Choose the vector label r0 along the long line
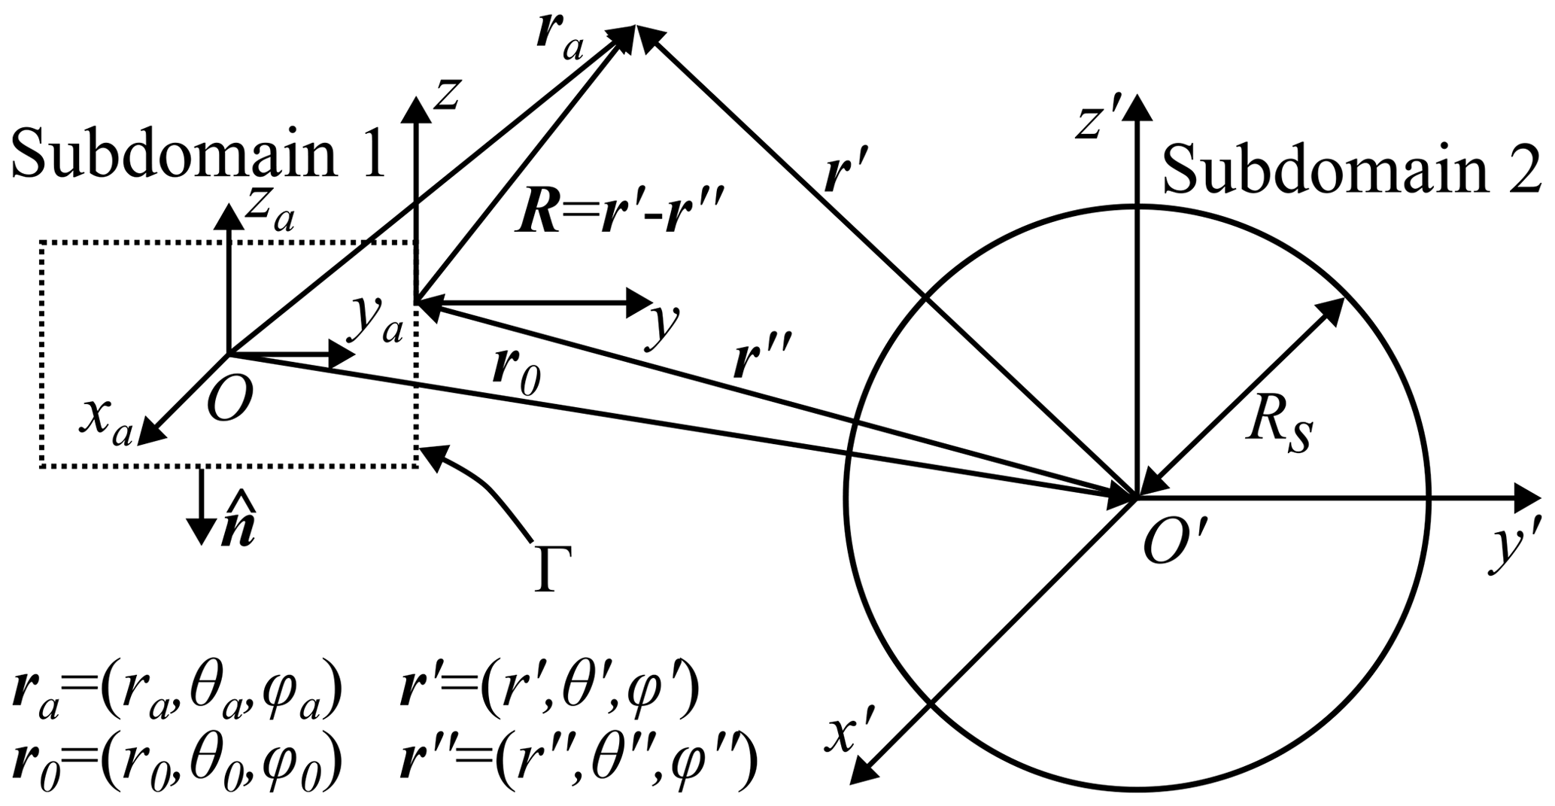(515, 372)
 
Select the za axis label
(269, 217)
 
